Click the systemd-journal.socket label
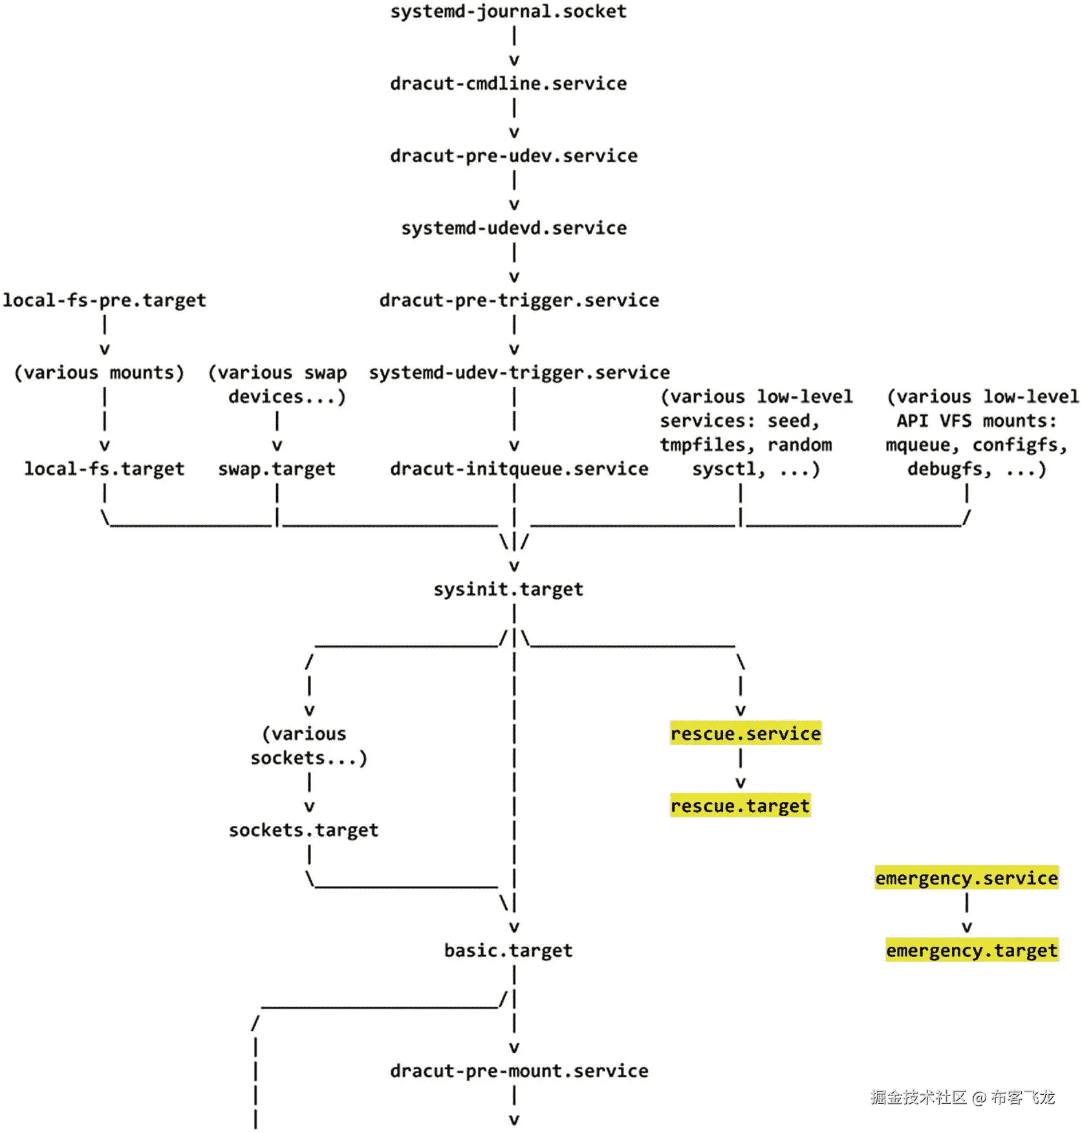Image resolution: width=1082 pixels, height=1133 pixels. (508, 12)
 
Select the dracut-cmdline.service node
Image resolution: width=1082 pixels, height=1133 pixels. (508, 84)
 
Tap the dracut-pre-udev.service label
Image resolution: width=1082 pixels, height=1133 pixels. (514, 156)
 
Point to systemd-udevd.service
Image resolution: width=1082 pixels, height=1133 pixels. (514, 228)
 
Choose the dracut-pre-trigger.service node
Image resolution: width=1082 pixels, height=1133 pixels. (519, 301)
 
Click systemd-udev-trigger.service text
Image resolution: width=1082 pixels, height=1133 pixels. (519, 373)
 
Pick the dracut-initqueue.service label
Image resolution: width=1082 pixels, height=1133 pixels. (519, 469)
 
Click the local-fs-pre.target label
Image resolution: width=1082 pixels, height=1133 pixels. (104, 301)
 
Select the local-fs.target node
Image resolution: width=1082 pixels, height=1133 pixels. (104, 469)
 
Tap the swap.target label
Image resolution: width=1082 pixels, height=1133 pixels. (277, 469)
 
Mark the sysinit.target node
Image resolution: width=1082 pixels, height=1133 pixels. (508, 590)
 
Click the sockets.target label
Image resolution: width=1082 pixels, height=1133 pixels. (303, 830)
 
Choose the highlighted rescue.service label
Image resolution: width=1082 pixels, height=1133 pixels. (745, 734)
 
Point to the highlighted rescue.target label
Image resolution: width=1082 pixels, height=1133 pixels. (740, 806)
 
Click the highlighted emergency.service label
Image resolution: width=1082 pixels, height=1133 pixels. (966, 878)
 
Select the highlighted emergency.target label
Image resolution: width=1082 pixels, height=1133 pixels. (971, 951)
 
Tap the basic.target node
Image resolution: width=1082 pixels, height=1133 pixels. (508, 951)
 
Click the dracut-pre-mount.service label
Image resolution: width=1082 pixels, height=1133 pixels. (519, 1072)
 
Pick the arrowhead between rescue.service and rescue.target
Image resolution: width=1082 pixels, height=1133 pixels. (741, 783)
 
